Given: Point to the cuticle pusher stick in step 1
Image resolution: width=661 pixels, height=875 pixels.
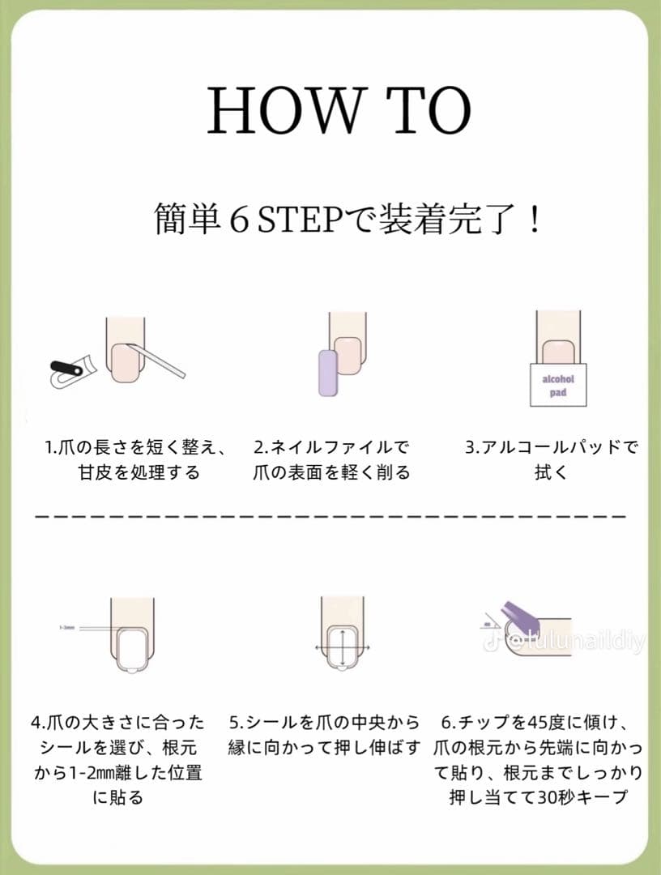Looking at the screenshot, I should coord(154,361).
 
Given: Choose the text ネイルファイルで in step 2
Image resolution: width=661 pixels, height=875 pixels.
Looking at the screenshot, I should coord(340,447).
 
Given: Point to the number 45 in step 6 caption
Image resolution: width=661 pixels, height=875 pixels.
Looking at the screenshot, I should coord(535,722).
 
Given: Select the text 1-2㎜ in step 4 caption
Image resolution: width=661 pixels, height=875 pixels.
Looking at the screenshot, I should coord(80,772).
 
